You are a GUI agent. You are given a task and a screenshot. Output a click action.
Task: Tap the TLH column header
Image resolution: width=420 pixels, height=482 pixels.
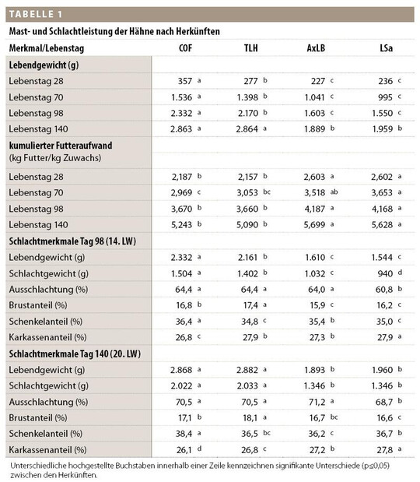(250, 48)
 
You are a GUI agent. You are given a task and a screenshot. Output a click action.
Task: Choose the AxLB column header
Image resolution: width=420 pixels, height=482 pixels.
(316, 48)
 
